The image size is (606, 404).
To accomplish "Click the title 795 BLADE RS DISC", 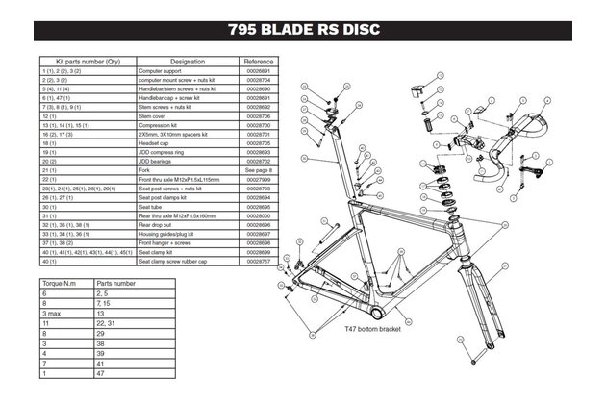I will click(304, 29).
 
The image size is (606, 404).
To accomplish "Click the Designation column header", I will click(187, 61).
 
